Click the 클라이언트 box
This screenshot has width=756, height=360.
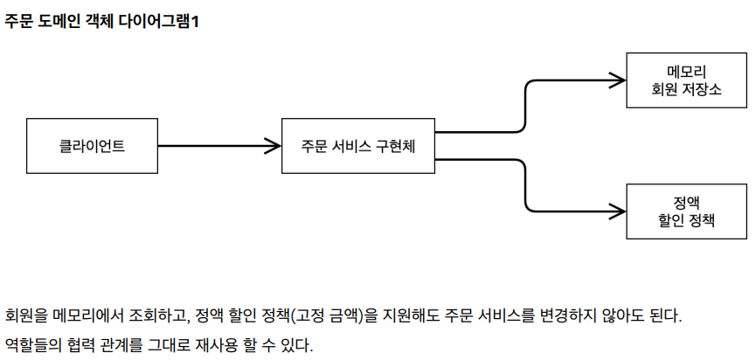pos(92,145)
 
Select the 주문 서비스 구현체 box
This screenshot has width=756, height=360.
pos(357,145)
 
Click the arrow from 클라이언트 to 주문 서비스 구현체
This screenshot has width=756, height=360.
pos(210,145)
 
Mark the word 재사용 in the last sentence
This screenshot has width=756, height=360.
pos(217,344)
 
